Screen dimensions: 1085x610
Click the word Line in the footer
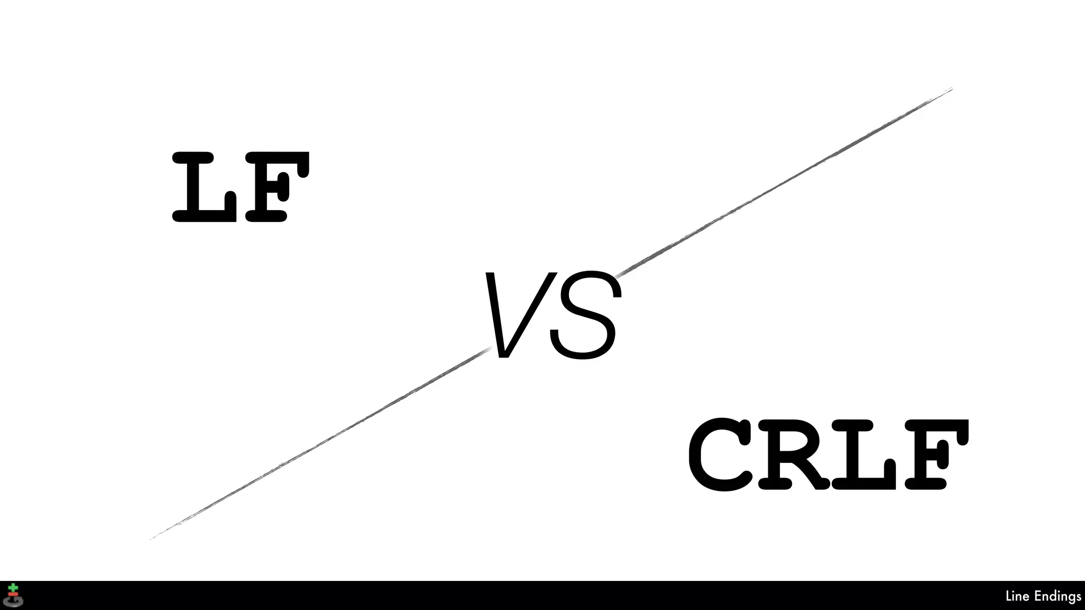(1017, 596)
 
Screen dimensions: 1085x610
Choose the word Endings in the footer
(1057, 597)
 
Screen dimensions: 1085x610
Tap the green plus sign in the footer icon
(13, 587)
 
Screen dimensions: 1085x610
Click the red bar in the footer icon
(13, 595)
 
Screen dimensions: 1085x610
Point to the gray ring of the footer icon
(13, 603)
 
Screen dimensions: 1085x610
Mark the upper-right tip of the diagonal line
(951, 89)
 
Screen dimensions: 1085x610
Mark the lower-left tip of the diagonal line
(151, 539)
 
